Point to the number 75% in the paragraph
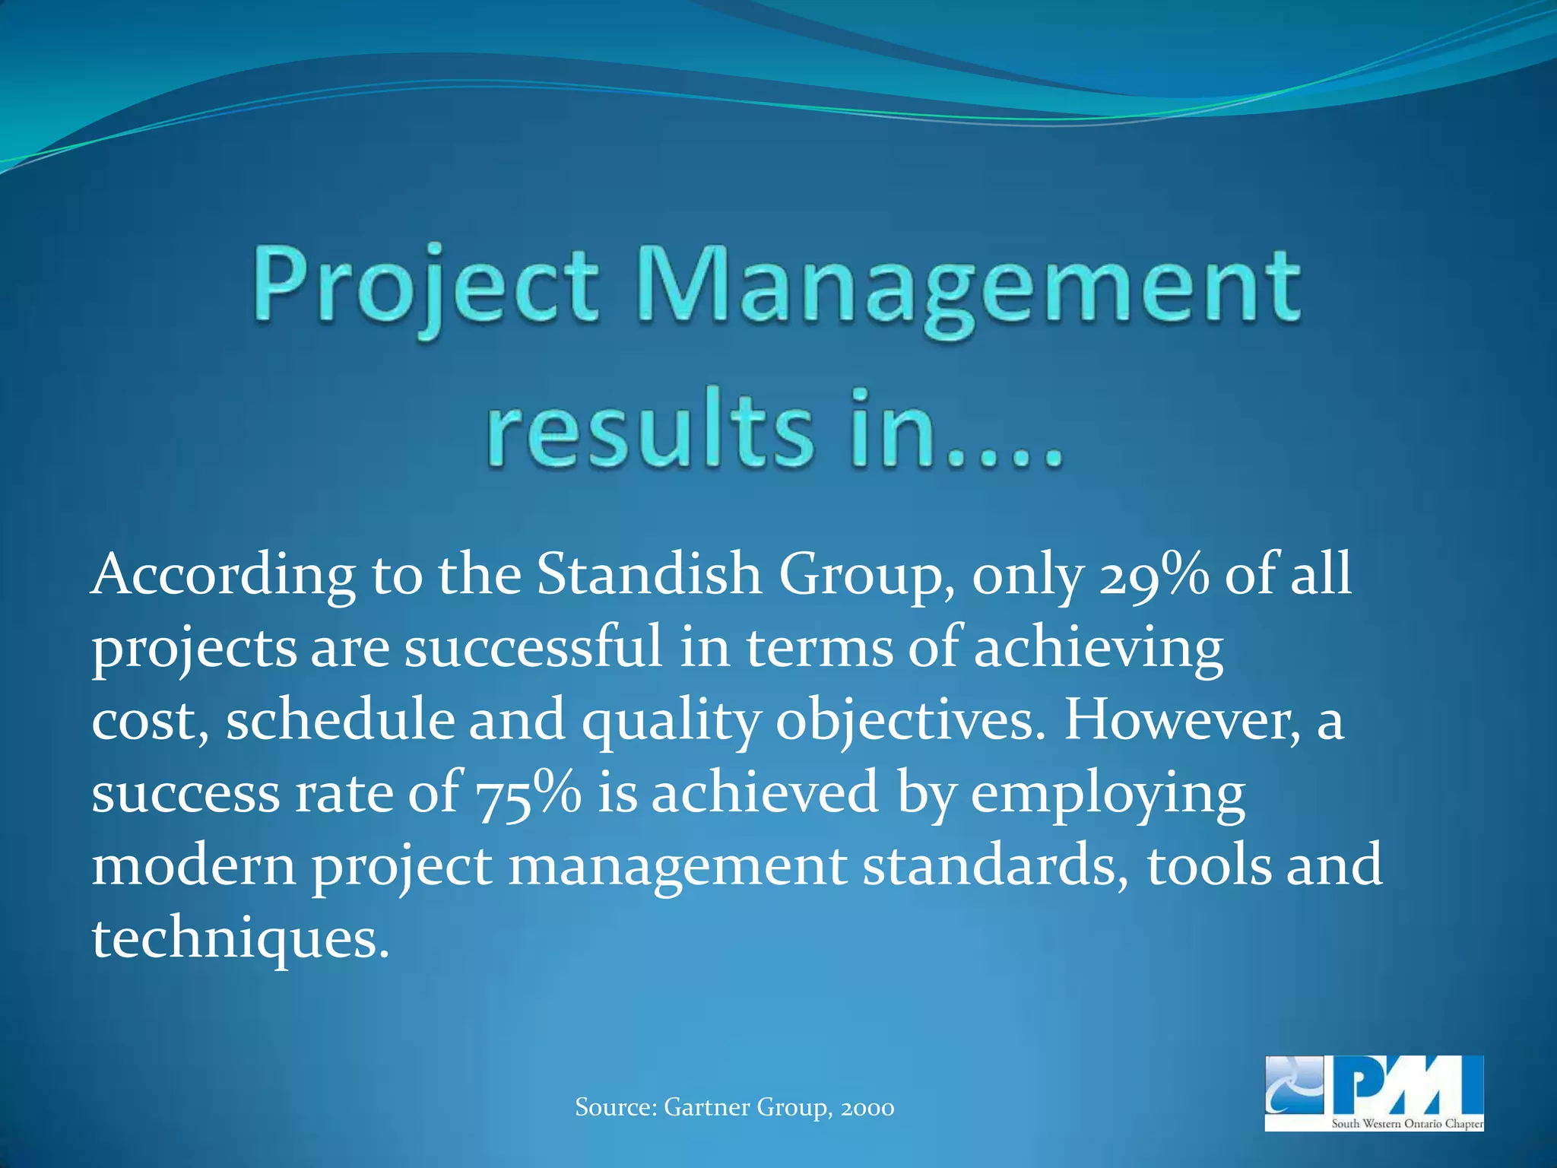point(528,793)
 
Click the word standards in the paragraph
point(995,866)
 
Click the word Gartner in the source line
point(707,1107)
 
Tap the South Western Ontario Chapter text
point(1406,1124)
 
